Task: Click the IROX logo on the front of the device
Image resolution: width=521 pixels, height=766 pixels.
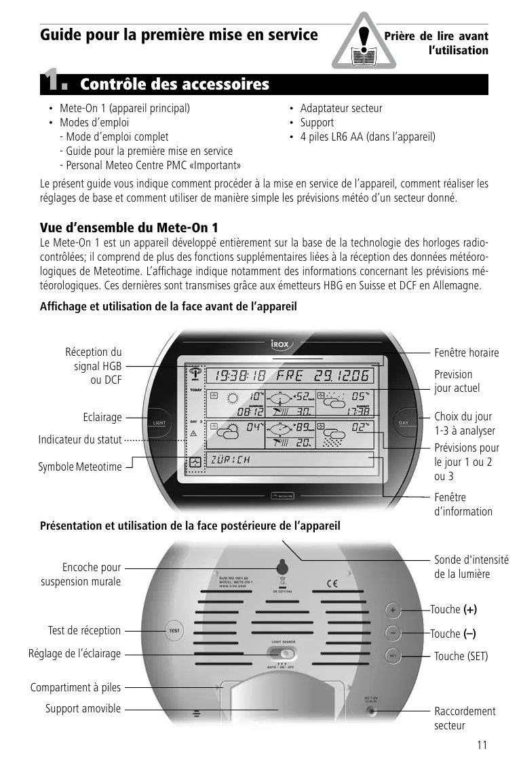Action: click(278, 344)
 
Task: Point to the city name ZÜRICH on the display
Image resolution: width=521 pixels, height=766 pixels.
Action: click(231, 459)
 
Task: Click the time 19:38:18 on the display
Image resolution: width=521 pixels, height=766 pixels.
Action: click(239, 376)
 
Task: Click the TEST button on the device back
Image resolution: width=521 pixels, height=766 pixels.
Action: click(174, 631)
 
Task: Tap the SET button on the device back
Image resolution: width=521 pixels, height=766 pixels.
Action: click(393, 656)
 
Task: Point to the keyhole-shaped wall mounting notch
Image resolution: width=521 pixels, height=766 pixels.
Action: click(282, 566)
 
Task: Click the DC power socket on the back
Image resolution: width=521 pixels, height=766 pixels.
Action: click(371, 711)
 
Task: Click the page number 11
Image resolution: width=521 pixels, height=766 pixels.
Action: click(482, 745)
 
